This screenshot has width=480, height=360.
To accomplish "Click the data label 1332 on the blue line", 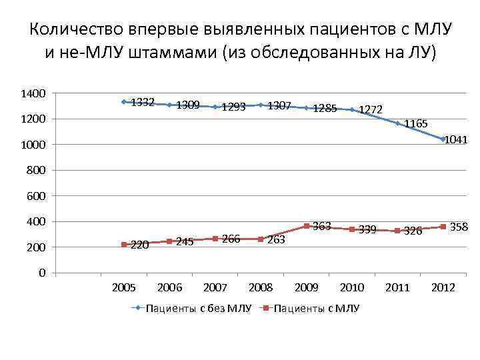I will (x=143, y=103).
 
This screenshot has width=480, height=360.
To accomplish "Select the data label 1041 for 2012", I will (x=455, y=140).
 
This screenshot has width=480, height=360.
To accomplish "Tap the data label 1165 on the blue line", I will (x=416, y=124).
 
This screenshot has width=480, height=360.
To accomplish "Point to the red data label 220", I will (x=140, y=245).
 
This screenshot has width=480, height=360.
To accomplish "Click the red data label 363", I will (x=322, y=226).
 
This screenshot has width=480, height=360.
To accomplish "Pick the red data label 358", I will (x=459, y=227).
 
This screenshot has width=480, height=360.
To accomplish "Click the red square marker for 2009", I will (x=306, y=227).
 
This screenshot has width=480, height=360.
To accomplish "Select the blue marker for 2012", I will (x=443, y=139).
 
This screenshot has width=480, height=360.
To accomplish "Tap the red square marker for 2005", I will (x=124, y=245).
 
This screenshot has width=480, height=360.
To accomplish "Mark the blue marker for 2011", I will (x=397, y=123).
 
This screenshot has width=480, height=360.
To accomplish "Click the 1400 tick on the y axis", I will (x=33, y=94).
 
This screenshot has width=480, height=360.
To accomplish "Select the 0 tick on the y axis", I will (x=41, y=273).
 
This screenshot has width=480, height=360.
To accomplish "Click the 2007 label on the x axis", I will (x=215, y=287).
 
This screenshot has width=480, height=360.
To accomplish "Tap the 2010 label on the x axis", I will (x=351, y=287).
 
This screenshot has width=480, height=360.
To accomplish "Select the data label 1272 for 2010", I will (x=371, y=109).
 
